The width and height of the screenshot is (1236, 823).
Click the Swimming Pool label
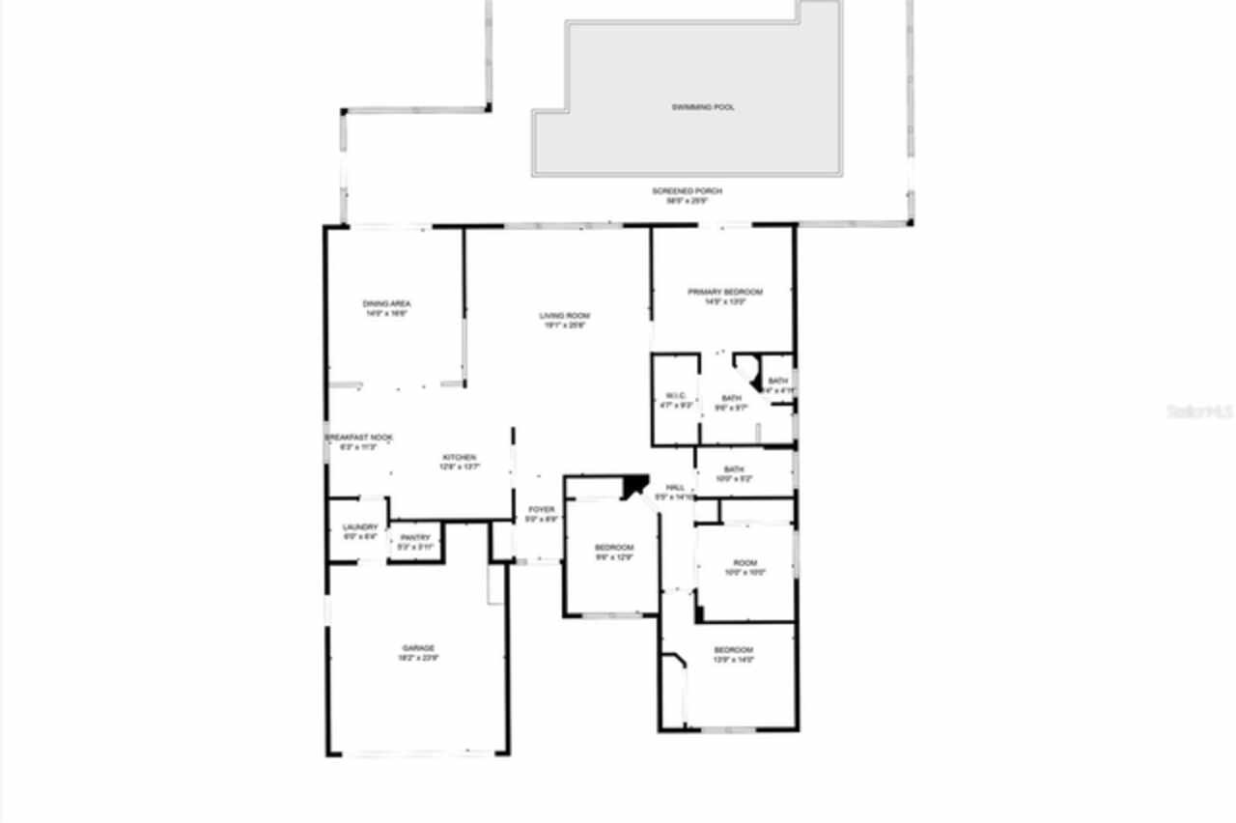703,107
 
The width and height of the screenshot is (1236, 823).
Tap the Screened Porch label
687,191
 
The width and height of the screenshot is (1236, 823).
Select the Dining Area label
386,304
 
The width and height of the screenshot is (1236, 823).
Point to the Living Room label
564,316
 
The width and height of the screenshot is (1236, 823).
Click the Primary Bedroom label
724,292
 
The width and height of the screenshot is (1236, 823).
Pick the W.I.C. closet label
675,395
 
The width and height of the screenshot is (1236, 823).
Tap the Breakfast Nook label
359,438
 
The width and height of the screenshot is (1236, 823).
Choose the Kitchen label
459,457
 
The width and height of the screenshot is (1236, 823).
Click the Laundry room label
360,527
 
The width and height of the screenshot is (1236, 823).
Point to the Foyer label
541,509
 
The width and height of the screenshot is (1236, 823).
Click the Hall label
675,488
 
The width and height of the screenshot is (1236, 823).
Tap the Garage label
418,648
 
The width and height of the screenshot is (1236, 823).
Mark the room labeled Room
744,563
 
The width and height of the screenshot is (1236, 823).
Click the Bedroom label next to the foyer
612,548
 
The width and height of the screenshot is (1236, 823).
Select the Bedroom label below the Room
733,650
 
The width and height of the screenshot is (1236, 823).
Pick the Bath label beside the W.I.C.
731,398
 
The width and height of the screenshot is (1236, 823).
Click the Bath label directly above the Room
734,470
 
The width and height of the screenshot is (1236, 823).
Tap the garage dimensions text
418,659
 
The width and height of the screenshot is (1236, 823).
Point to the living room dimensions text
564,326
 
